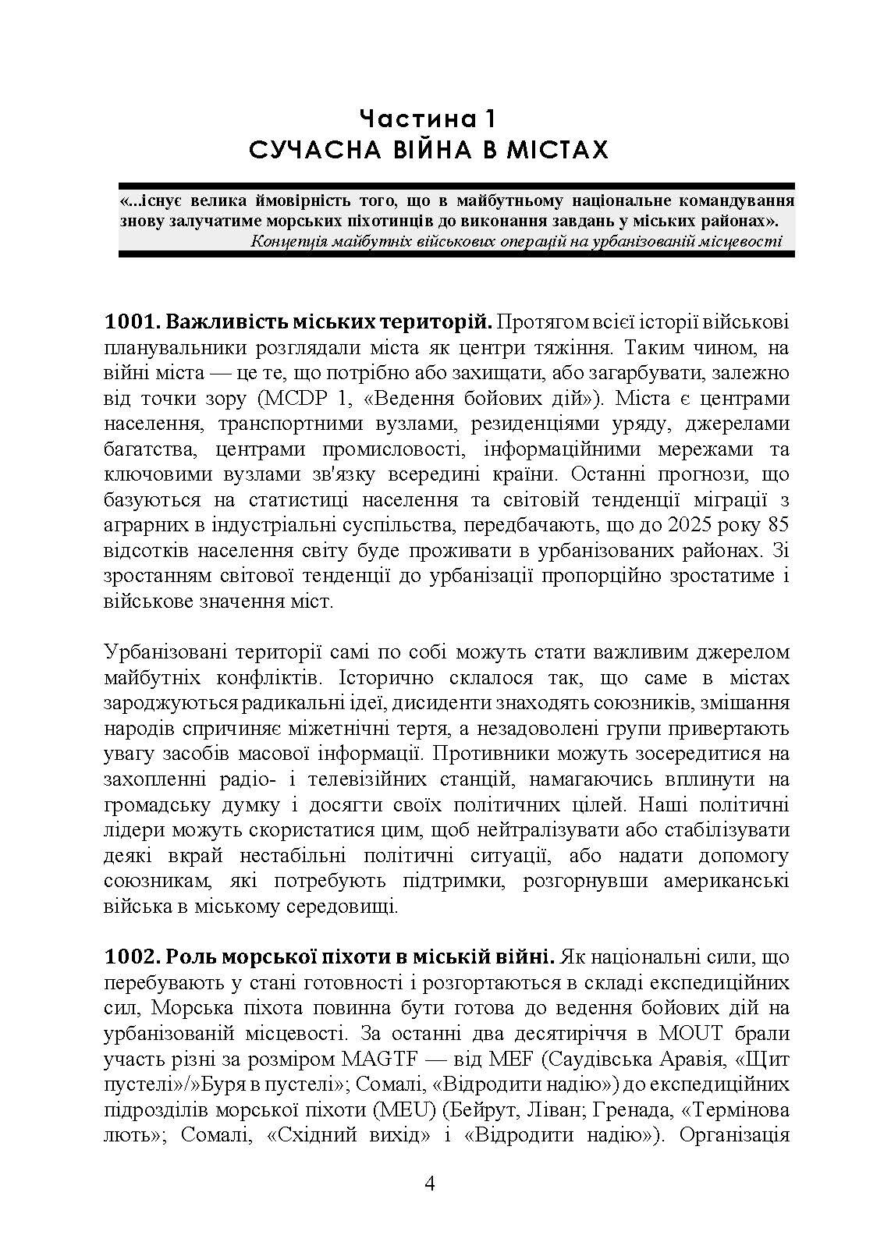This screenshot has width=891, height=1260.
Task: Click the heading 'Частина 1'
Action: pyautogui.click(x=428, y=119)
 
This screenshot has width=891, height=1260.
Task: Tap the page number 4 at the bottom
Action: pyautogui.click(x=430, y=1184)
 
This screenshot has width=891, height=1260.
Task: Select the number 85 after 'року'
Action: pyautogui.click(x=779, y=525)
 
